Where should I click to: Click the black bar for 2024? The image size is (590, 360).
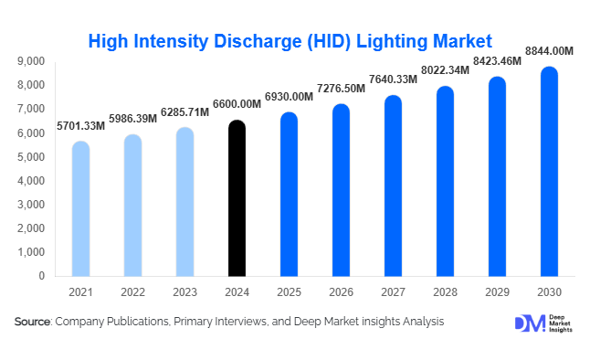click(x=237, y=198)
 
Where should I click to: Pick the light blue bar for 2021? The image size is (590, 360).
click(x=80, y=208)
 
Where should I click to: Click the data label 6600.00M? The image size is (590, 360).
click(x=237, y=105)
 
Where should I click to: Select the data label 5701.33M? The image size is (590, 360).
click(x=80, y=125)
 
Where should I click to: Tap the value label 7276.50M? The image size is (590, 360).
click(x=341, y=88)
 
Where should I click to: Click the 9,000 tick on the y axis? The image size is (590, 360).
click(x=31, y=61)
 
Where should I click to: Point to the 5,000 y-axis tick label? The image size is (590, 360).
click(x=31, y=156)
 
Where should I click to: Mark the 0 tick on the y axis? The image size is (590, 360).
click(x=40, y=276)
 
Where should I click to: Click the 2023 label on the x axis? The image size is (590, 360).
click(x=184, y=291)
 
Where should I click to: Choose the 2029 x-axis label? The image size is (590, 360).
click(x=497, y=291)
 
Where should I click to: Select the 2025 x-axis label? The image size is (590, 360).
click(x=289, y=291)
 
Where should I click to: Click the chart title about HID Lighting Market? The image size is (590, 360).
click(x=290, y=40)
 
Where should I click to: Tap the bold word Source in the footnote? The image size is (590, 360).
click(x=32, y=322)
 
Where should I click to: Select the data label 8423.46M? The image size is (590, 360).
click(x=497, y=62)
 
